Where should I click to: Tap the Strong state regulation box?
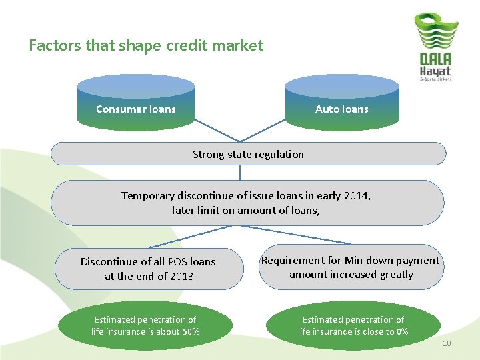click(248, 154)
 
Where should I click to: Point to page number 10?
click(447, 343)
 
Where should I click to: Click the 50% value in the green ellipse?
click(190, 331)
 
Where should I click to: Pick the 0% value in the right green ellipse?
click(401, 331)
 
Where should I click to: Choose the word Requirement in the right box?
click(291, 260)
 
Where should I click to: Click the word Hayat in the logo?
click(435, 70)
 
